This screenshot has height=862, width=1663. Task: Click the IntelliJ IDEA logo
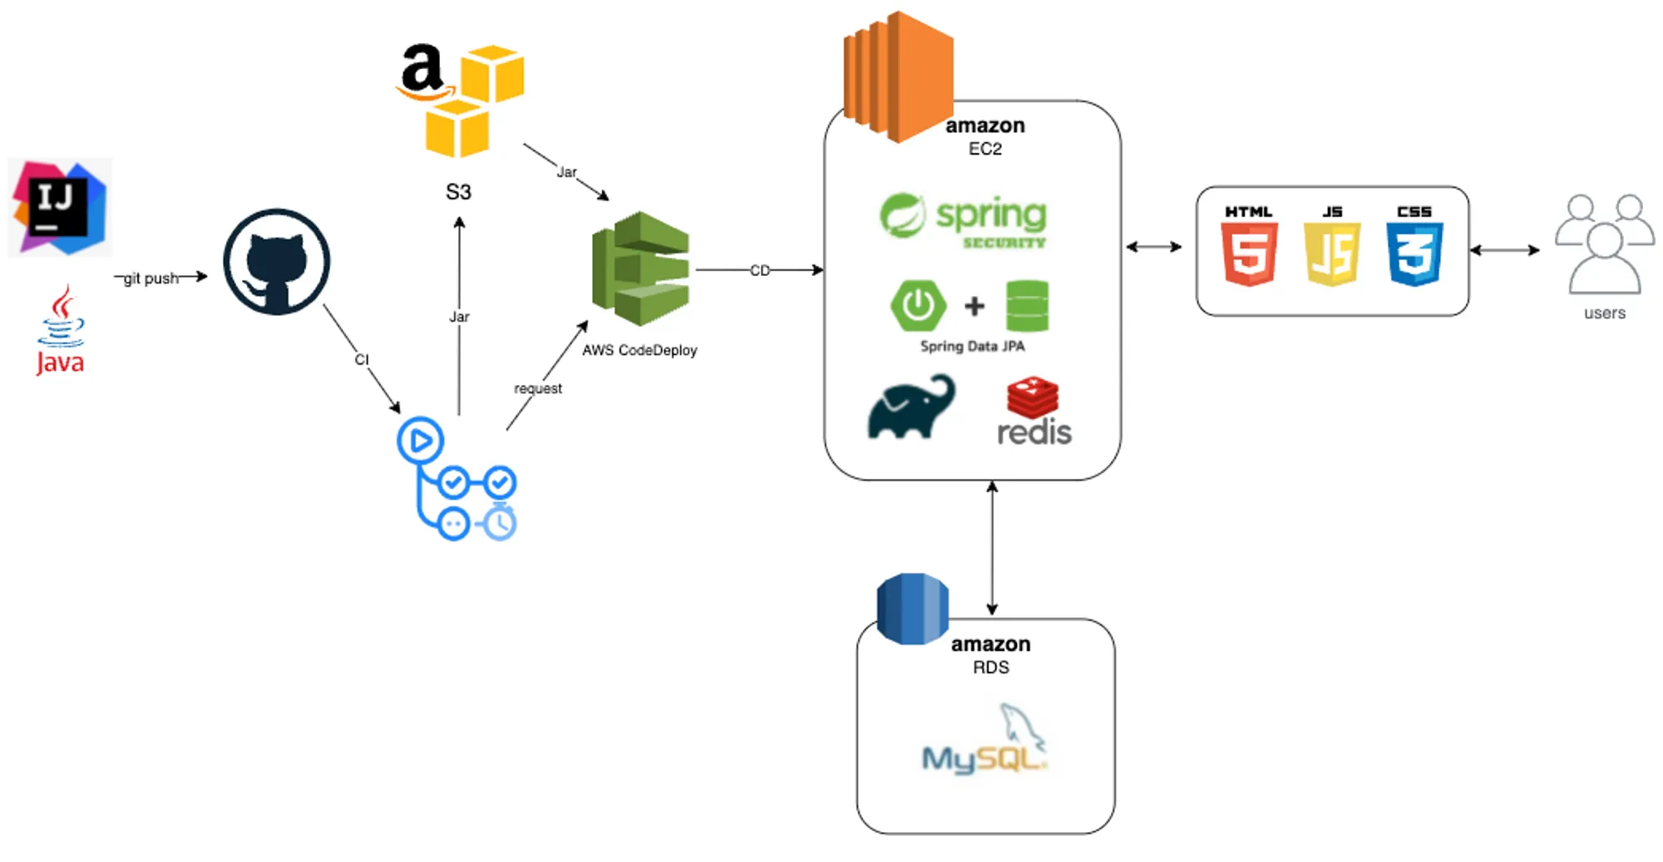[x=60, y=207]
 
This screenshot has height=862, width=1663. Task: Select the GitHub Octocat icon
[x=276, y=261]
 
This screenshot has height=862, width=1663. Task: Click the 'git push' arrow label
[x=151, y=278]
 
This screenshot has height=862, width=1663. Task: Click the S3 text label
[x=458, y=192]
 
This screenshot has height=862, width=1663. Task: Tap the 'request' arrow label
[x=538, y=388]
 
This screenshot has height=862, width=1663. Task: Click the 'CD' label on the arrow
[x=760, y=270]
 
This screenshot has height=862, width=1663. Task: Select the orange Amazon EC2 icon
[x=898, y=76]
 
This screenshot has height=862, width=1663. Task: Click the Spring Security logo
[x=964, y=221]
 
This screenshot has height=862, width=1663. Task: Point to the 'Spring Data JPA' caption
[x=972, y=346]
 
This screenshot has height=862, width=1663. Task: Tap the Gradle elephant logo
[x=911, y=407]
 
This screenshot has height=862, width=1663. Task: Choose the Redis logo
[x=1034, y=412]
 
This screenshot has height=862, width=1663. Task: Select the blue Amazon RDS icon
[x=912, y=608]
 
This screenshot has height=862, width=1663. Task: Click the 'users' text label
[x=1604, y=313]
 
